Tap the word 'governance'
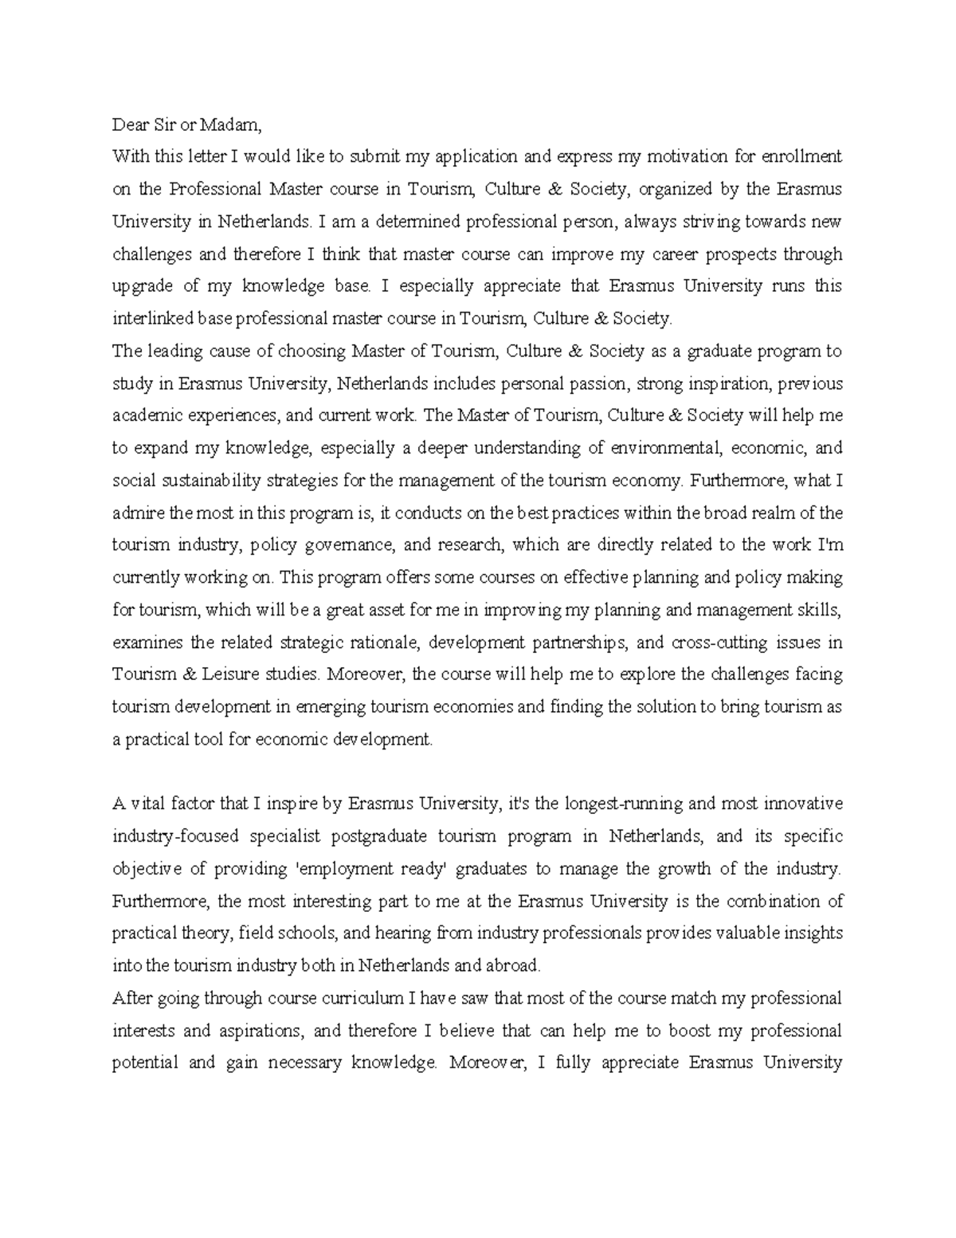point(347,546)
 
